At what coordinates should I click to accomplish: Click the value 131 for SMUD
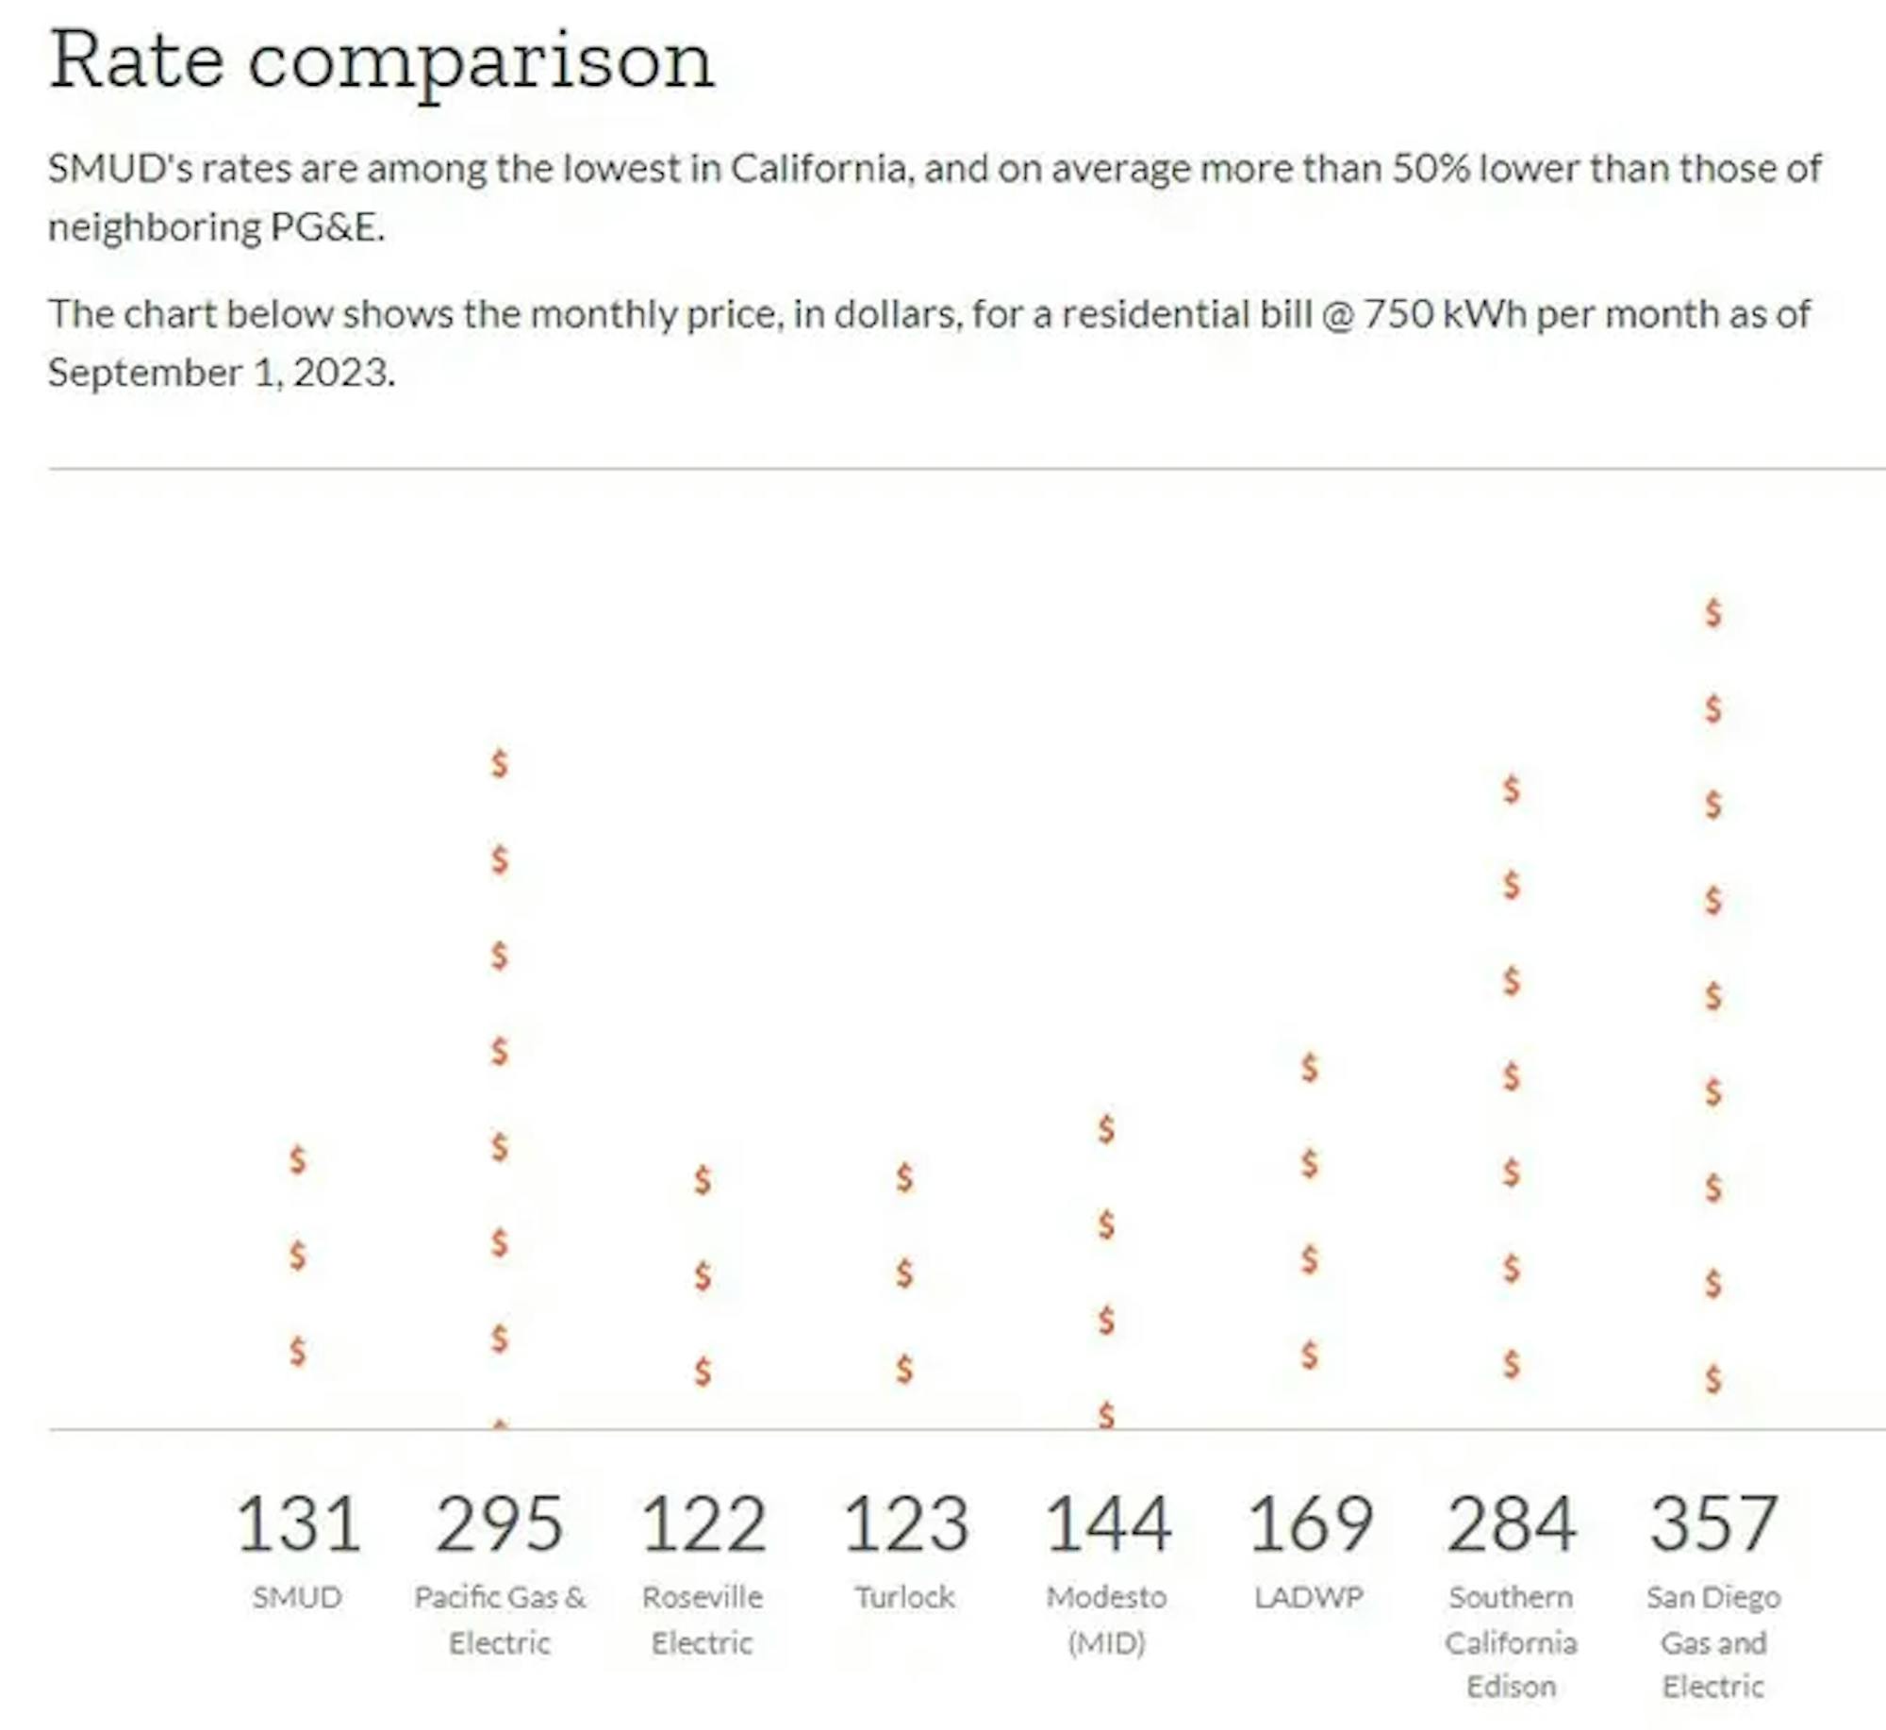[298, 1523]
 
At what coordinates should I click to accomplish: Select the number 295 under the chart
[500, 1523]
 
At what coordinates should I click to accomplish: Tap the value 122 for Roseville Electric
[703, 1523]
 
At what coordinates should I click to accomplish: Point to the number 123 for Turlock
[905, 1523]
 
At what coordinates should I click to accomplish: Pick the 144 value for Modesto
[1107, 1523]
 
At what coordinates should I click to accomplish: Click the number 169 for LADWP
[1310, 1523]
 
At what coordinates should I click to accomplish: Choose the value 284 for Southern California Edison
[1512, 1523]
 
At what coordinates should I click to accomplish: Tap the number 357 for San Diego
[1713, 1523]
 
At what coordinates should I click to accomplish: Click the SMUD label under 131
[297, 1597]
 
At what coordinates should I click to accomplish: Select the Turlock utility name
[905, 1597]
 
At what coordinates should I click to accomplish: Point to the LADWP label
[1309, 1597]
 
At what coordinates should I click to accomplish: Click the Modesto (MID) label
[1107, 1620]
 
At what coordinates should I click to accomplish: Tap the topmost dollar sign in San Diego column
[1713, 613]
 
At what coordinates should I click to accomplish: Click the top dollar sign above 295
[500, 763]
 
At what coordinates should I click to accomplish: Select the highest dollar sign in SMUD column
[298, 1159]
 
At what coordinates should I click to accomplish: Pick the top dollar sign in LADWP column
[1310, 1068]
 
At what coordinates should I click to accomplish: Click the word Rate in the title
[137, 61]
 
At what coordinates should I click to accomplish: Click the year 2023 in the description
[340, 373]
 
